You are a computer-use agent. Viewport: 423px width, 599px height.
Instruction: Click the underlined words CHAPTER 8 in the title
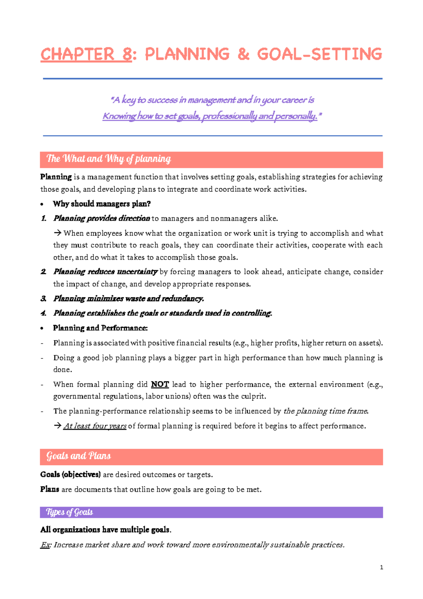86,54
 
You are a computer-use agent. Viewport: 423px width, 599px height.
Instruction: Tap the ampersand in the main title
243,54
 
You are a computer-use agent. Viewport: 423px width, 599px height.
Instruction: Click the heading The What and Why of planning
109,159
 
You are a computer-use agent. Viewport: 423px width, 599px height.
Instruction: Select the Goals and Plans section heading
79,456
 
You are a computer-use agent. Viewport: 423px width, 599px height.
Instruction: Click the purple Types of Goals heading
69,512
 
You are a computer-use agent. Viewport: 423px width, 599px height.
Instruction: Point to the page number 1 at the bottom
381,567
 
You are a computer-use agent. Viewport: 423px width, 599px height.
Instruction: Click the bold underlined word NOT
160,384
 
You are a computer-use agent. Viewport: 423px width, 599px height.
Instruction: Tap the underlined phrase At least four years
95,426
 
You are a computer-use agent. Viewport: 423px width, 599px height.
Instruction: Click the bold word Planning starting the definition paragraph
56,177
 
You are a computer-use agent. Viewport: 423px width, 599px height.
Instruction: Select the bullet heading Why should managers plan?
102,204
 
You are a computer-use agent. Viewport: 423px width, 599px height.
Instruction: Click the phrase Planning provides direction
102,218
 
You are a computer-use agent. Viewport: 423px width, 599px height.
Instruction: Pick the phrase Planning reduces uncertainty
105,272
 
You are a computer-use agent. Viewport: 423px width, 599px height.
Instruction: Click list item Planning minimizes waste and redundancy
128,299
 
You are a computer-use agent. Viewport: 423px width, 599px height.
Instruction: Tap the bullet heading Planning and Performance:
100,328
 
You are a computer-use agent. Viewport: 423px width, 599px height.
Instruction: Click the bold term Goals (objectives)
70,474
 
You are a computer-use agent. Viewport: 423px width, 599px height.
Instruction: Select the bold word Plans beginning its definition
50,489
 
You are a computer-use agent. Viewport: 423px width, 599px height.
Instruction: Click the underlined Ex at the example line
45,545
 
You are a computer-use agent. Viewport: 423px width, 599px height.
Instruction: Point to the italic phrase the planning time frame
326,411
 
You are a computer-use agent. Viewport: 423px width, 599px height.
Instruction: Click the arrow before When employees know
57,233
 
